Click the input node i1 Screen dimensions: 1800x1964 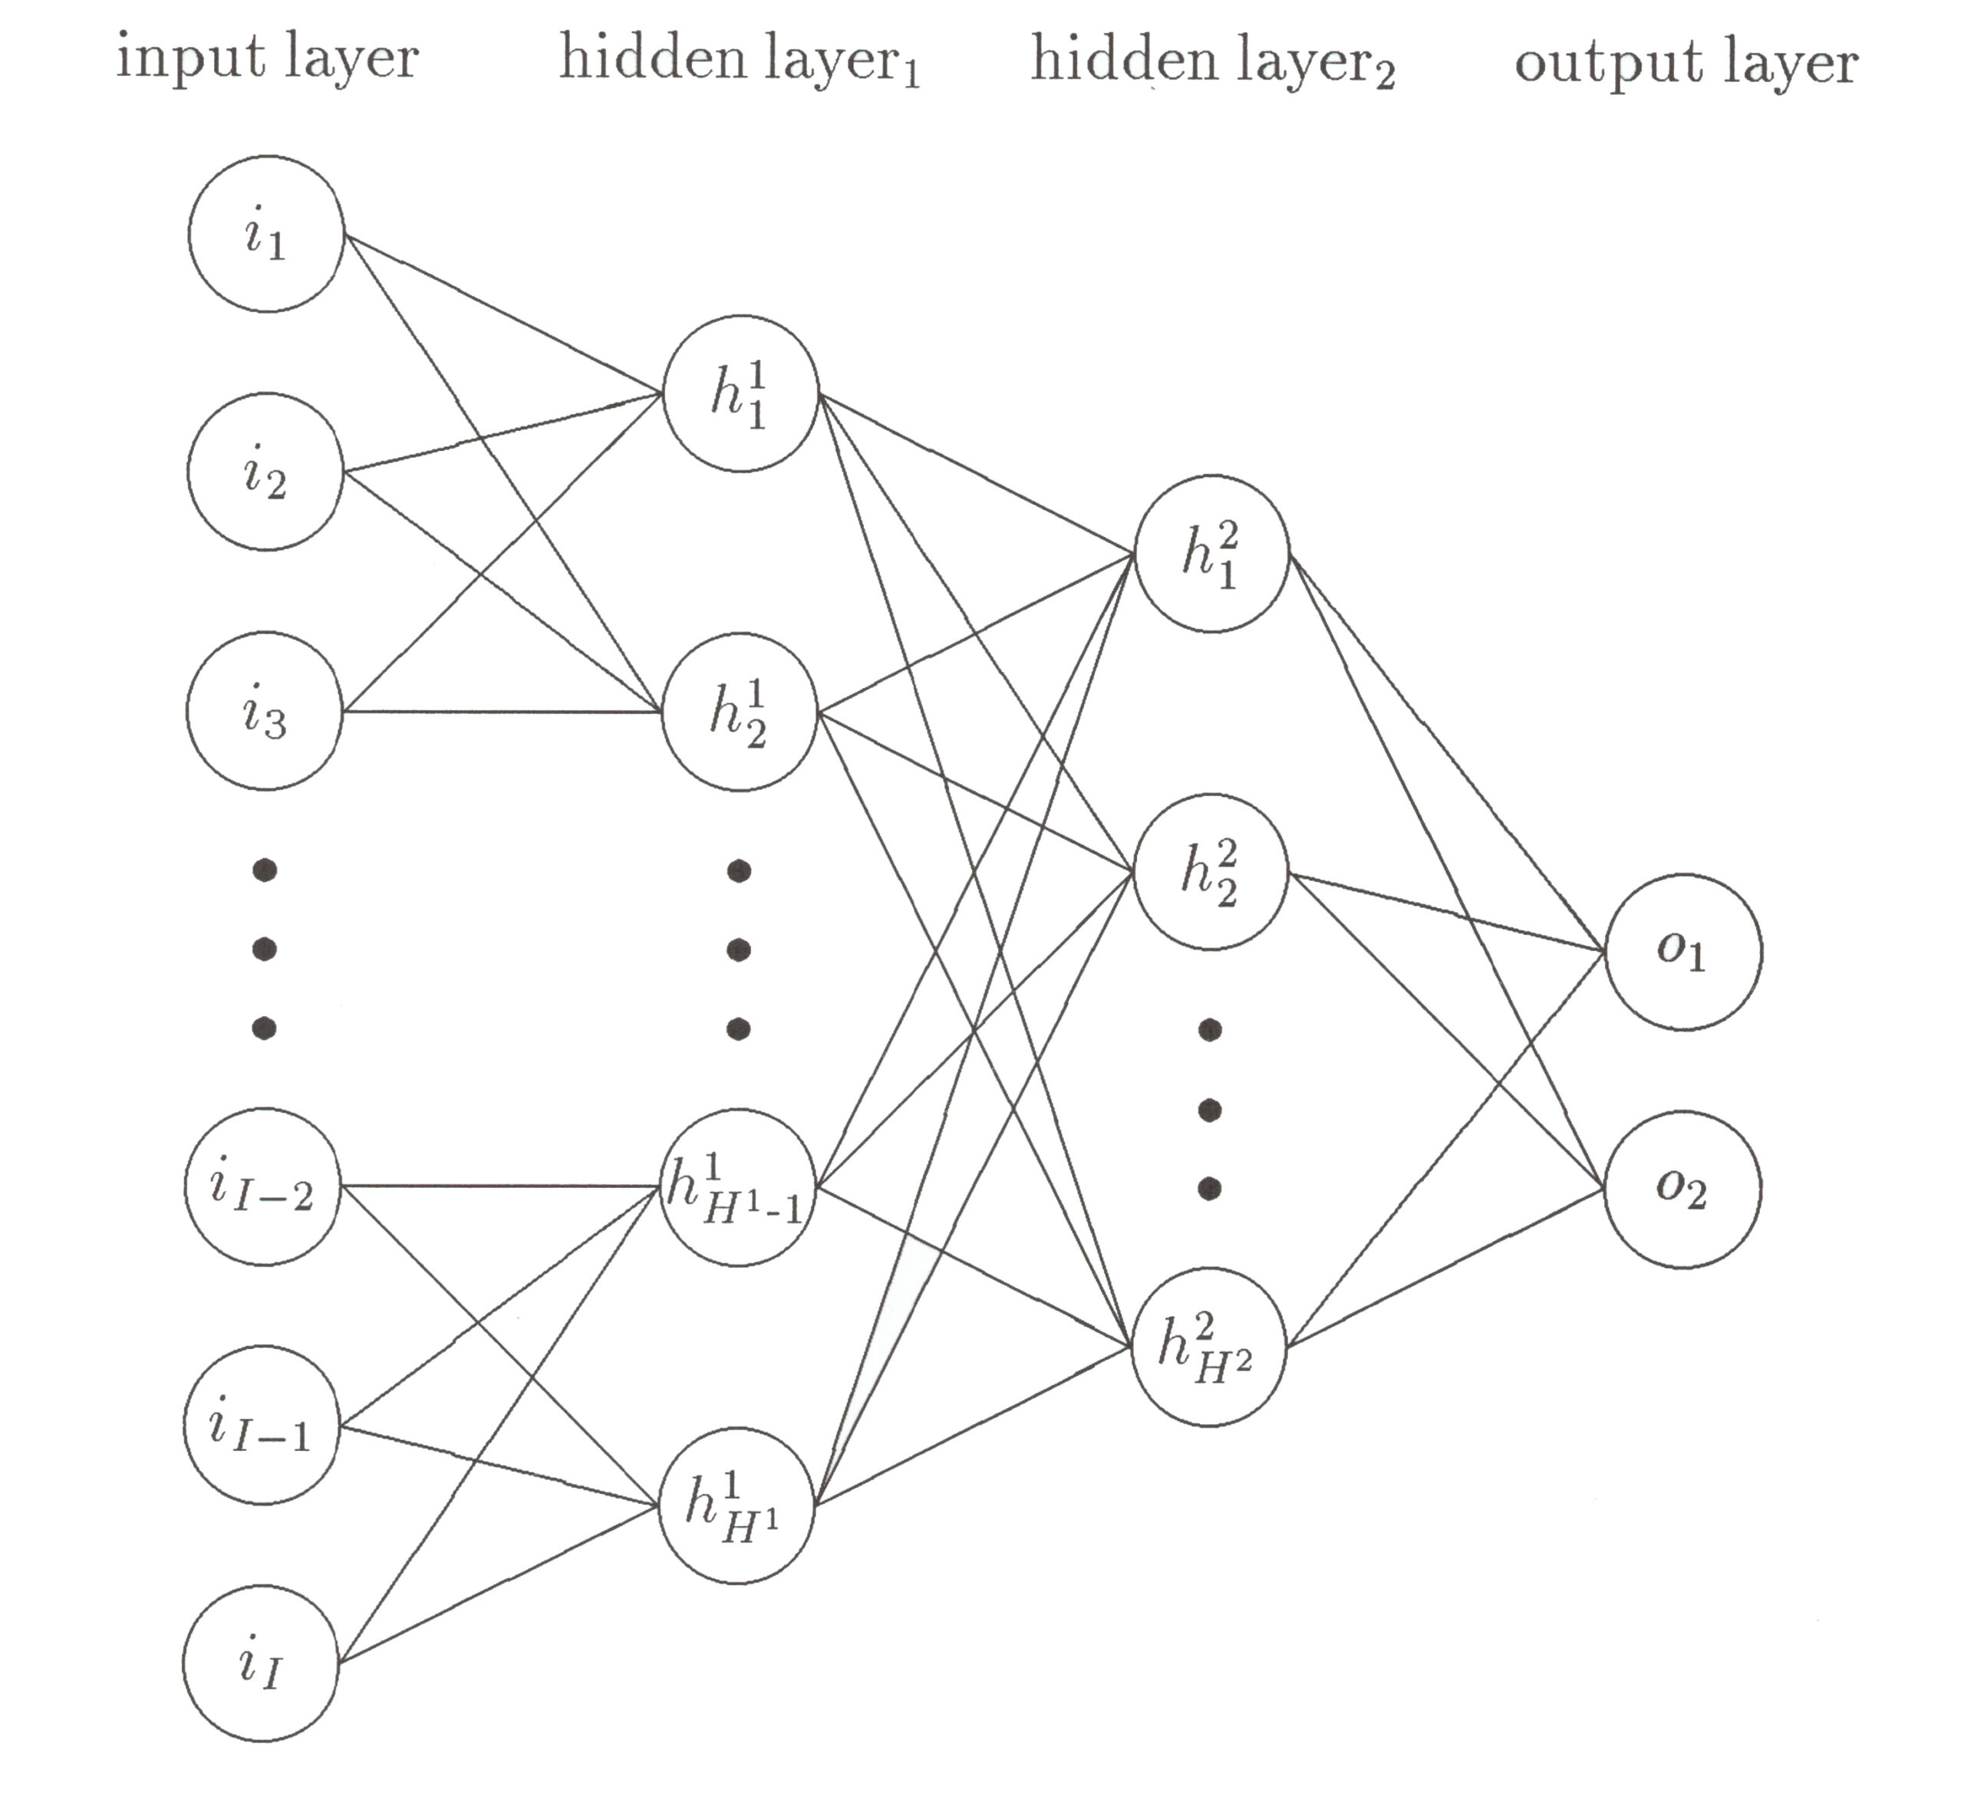tap(266, 234)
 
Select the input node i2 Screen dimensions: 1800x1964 tap(265, 472)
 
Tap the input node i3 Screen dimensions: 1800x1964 tap(264, 711)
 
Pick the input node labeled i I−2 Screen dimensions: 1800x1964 tap(262, 1186)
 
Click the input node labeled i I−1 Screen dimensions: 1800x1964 tap(261, 1425)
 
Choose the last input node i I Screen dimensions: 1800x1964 tap(260, 1663)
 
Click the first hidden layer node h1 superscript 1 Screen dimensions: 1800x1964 tap(740, 393)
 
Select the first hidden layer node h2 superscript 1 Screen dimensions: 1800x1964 tap(740, 712)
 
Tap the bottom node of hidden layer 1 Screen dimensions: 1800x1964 tap(736, 1505)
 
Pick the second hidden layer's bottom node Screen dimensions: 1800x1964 tap(1208, 1347)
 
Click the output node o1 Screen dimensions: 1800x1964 tap(1682, 952)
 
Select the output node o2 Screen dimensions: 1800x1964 tap(1682, 1190)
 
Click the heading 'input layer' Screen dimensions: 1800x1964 tap(267, 58)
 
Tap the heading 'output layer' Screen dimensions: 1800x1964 tap(1686, 64)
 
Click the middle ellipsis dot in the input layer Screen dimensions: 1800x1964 tap(264, 948)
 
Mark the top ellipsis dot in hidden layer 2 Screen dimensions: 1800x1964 tap(1210, 1029)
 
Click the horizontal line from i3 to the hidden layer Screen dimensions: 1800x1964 tap(502, 711)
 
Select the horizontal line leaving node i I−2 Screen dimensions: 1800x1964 tap(499, 1186)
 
